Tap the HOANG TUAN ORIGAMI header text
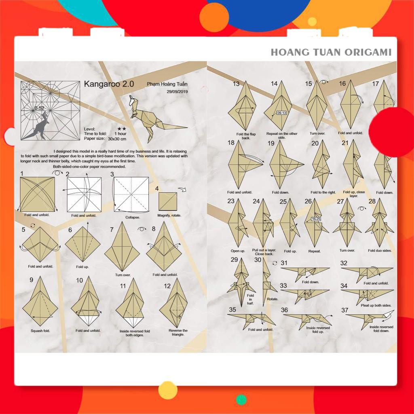(331, 52)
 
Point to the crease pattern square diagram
(50, 110)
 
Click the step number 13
(236, 84)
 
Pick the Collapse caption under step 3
(133, 217)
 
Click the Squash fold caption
(40, 331)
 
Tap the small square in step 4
(167, 201)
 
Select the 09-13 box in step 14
(282, 113)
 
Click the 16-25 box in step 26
(316, 219)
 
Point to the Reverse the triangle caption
(178, 333)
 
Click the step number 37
(345, 310)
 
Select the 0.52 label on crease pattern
(39, 108)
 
